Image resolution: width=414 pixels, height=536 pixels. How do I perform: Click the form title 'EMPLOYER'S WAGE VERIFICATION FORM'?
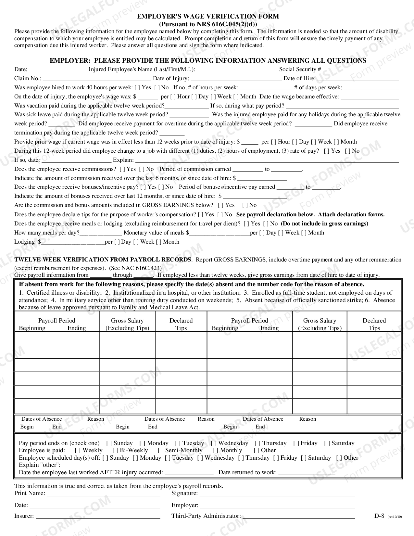pos(208,17)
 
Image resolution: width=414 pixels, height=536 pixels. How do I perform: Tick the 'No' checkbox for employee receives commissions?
pos(142,169)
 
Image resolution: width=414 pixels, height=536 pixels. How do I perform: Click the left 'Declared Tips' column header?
pos(181,324)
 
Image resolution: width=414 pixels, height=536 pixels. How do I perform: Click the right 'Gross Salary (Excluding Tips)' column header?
pos(320,324)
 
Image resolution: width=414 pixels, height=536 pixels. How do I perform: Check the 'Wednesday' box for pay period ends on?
pos(214,443)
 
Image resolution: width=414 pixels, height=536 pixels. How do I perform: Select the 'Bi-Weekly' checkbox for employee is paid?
pos(115,451)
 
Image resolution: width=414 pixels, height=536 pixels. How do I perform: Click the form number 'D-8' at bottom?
pos(379,516)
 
